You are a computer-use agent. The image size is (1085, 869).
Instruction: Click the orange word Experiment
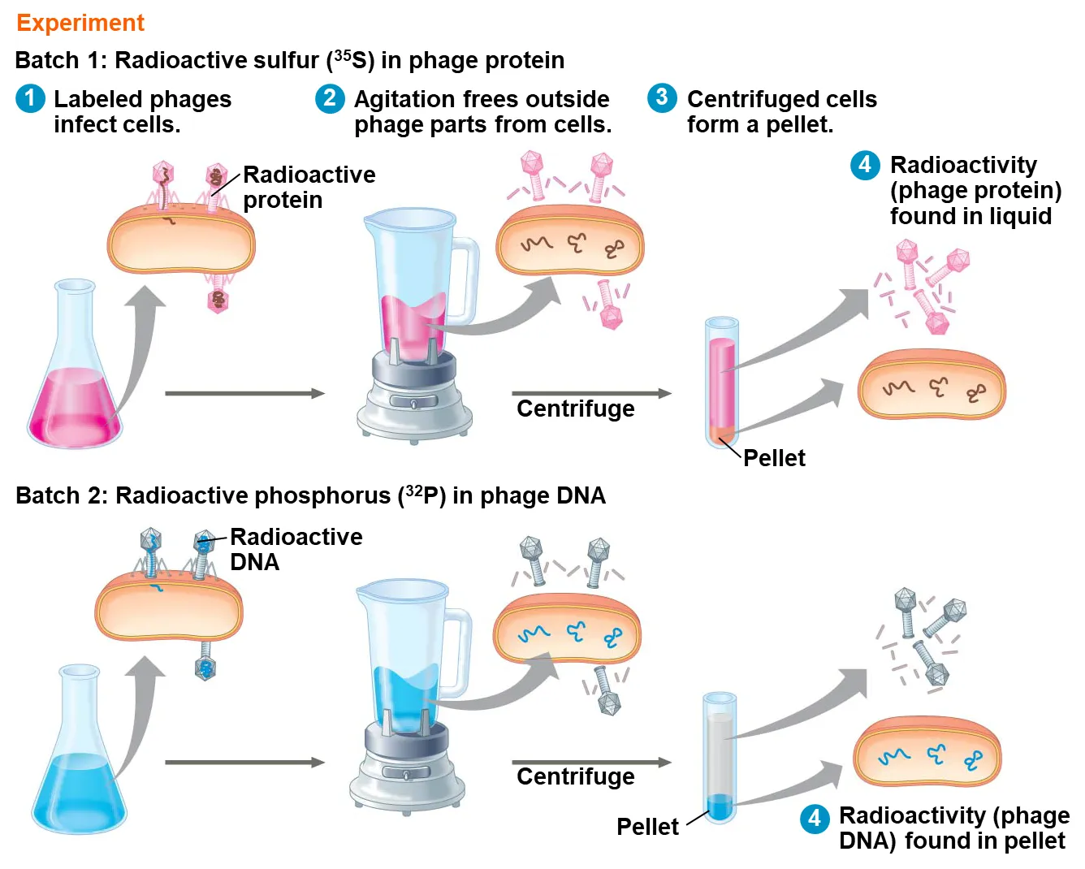coord(80,23)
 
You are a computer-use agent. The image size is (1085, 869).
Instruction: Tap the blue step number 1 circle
coord(31,99)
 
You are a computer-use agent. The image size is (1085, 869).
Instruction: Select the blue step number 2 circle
coord(330,99)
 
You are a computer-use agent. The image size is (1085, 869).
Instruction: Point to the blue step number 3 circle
coord(662,98)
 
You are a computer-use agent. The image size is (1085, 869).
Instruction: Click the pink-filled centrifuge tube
coord(721,382)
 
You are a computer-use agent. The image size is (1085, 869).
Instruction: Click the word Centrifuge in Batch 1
coord(575,409)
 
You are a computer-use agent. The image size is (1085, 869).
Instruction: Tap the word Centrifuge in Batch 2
coord(575,777)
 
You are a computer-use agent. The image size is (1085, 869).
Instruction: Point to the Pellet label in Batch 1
coord(774,458)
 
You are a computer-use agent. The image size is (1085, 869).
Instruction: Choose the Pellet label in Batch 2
coord(647,827)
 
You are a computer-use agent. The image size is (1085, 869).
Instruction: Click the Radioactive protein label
coord(309,188)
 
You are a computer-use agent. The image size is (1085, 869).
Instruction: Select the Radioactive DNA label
coord(296,549)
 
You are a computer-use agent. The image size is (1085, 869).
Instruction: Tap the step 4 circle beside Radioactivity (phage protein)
coord(865,165)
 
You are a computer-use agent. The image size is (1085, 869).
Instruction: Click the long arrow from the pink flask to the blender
coord(244,394)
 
